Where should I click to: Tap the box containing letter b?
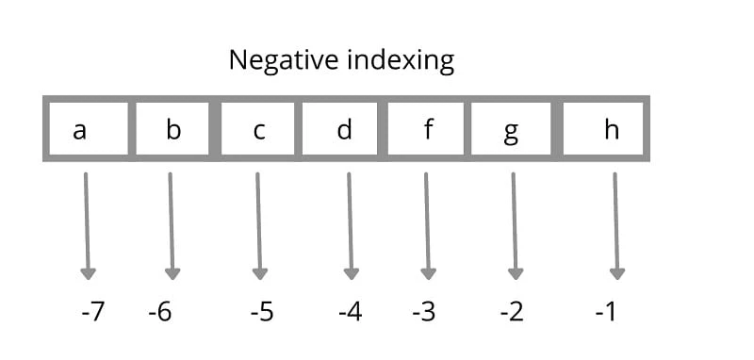[x=172, y=128]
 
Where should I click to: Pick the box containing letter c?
[x=258, y=128]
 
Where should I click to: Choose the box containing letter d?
[x=343, y=128]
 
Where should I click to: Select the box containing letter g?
[x=511, y=128]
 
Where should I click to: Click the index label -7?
[x=92, y=311]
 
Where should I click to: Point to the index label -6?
[x=160, y=311]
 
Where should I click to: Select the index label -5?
[x=261, y=311]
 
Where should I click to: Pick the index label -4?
[x=350, y=311]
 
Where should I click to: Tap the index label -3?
[x=423, y=311]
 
